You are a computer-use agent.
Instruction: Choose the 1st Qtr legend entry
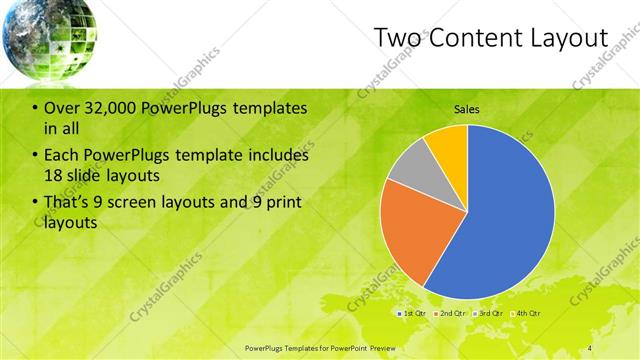(413, 313)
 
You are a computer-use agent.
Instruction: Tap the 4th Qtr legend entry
(526, 313)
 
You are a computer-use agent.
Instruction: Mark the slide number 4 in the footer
(589, 347)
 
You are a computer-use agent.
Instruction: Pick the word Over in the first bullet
(61, 108)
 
